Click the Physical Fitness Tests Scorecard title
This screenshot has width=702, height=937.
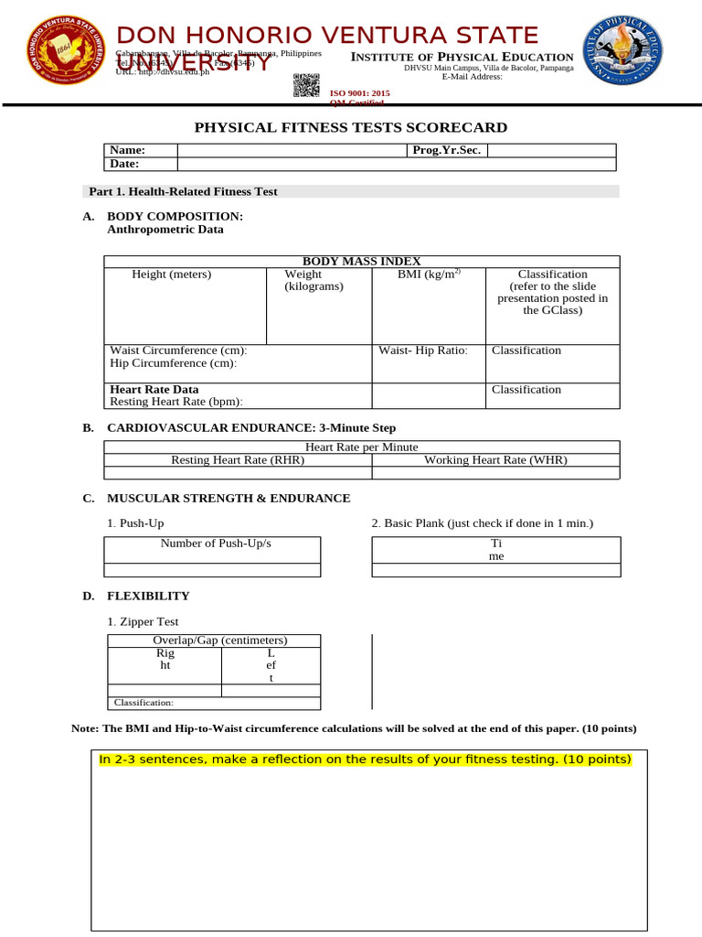coord(351,128)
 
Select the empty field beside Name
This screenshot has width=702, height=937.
coord(291,151)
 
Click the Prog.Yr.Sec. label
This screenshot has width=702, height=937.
coord(447,151)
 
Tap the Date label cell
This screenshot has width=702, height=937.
coord(139,165)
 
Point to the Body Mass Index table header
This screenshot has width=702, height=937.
coord(361,261)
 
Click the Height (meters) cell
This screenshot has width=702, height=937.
coord(172,275)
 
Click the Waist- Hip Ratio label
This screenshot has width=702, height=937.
coord(423,350)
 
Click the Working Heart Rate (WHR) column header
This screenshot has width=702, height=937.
coord(495,460)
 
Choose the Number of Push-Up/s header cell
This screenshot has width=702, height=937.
coord(216,544)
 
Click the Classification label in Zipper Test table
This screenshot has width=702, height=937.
coord(143,703)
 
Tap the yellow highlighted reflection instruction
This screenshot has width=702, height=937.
coord(365,760)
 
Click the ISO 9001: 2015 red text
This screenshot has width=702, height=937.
coord(359,93)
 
